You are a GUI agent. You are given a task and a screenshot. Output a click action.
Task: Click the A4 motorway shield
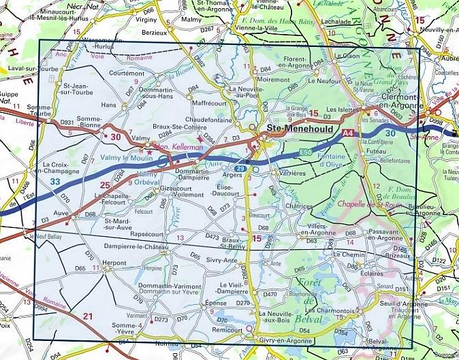point(349,133)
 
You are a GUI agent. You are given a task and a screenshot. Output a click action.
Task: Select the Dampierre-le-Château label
point(135,246)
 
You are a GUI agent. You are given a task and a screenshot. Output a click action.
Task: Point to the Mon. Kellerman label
point(172,146)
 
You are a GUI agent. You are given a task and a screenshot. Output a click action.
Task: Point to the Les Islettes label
point(341,109)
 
